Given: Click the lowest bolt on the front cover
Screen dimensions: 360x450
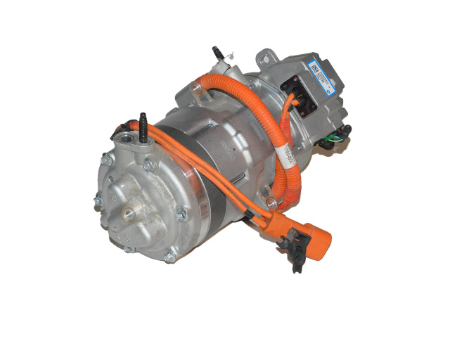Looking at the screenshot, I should point(169,257).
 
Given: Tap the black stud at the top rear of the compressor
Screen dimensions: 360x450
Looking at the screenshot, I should point(216,53).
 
